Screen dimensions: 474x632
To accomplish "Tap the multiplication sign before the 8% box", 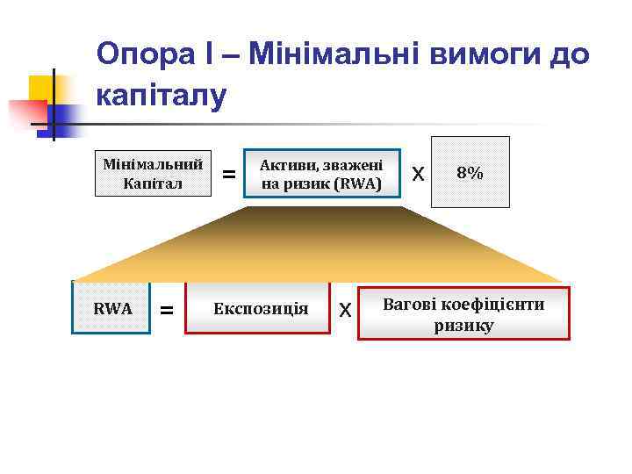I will tap(419, 175).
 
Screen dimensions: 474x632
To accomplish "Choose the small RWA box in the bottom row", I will tap(112, 308).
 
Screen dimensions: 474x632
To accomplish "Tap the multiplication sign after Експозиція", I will tap(345, 310).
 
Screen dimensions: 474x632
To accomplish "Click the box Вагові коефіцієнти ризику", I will tap(463, 313).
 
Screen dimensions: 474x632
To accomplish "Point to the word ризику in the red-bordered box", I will tap(463, 325).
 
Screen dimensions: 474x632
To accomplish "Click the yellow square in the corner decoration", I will tap(41, 89).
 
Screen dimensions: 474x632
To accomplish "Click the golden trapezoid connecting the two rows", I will tap(321, 246).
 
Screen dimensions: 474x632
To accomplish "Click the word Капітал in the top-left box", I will tap(154, 183).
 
